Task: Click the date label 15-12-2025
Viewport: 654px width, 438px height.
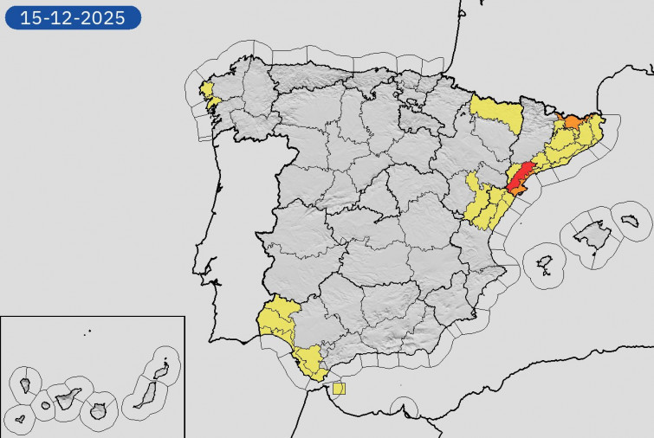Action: pyautogui.click(x=73, y=16)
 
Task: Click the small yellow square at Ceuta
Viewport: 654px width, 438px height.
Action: pyautogui.click(x=339, y=388)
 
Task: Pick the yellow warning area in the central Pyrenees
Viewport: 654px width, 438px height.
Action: pyautogui.click(x=496, y=113)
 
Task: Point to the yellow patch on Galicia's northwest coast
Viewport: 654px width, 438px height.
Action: pyautogui.click(x=208, y=90)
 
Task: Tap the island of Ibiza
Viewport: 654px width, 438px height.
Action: pyautogui.click(x=545, y=262)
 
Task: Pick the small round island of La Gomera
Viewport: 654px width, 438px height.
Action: pyautogui.click(x=46, y=406)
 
